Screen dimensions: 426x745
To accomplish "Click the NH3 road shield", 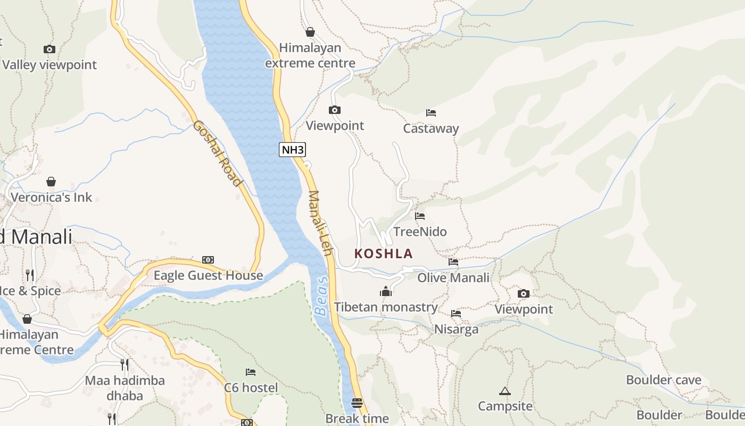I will click(x=292, y=150).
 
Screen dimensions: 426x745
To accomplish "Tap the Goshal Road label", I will click(x=217, y=153).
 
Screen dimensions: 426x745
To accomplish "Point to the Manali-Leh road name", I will click(x=320, y=223).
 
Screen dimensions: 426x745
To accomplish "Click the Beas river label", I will click(x=321, y=296).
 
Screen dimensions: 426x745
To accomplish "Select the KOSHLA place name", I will click(x=384, y=253).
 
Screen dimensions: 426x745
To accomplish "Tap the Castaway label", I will click(x=431, y=128).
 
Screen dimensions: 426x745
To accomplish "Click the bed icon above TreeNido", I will click(x=420, y=216).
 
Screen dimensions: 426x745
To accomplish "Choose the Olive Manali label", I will click(x=453, y=277).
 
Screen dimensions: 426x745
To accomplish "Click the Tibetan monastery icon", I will click(x=386, y=291).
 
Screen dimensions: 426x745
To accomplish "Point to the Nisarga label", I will click(x=456, y=329).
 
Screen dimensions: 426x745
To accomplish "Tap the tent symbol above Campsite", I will click(x=504, y=391).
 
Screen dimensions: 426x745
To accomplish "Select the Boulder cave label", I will click(x=664, y=380).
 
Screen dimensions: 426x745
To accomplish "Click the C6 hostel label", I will click(x=251, y=387).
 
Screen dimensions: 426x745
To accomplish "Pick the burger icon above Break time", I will click(x=357, y=403).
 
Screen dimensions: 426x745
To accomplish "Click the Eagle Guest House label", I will click(x=208, y=275).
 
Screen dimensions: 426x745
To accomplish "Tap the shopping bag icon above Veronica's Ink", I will click(x=51, y=182).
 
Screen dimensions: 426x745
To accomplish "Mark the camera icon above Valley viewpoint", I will click(x=49, y=50).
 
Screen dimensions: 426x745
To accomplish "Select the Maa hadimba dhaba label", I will click(x=125, y=388).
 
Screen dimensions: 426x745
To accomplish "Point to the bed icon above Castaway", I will click(x=431, y=113).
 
